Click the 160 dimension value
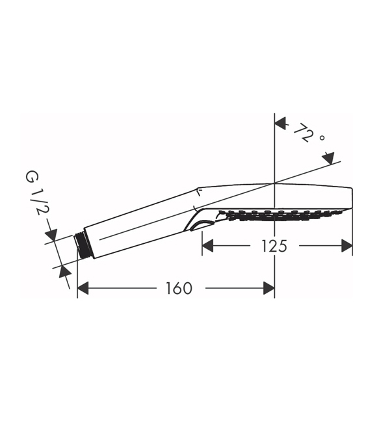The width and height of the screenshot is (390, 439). click(x=179, y=288)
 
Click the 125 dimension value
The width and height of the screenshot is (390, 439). click(x=274, y=246)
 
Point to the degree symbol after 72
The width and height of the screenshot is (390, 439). click(x=322, y=138)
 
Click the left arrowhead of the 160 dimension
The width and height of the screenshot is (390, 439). click(x=83, y=288)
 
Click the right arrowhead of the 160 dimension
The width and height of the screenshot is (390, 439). click(x=269, y=288)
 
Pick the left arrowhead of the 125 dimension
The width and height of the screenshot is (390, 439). click(x=207, y=246)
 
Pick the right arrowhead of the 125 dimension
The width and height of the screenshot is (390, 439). click(x=347, y=246)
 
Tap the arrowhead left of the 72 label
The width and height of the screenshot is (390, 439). click(x=281, y=124)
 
